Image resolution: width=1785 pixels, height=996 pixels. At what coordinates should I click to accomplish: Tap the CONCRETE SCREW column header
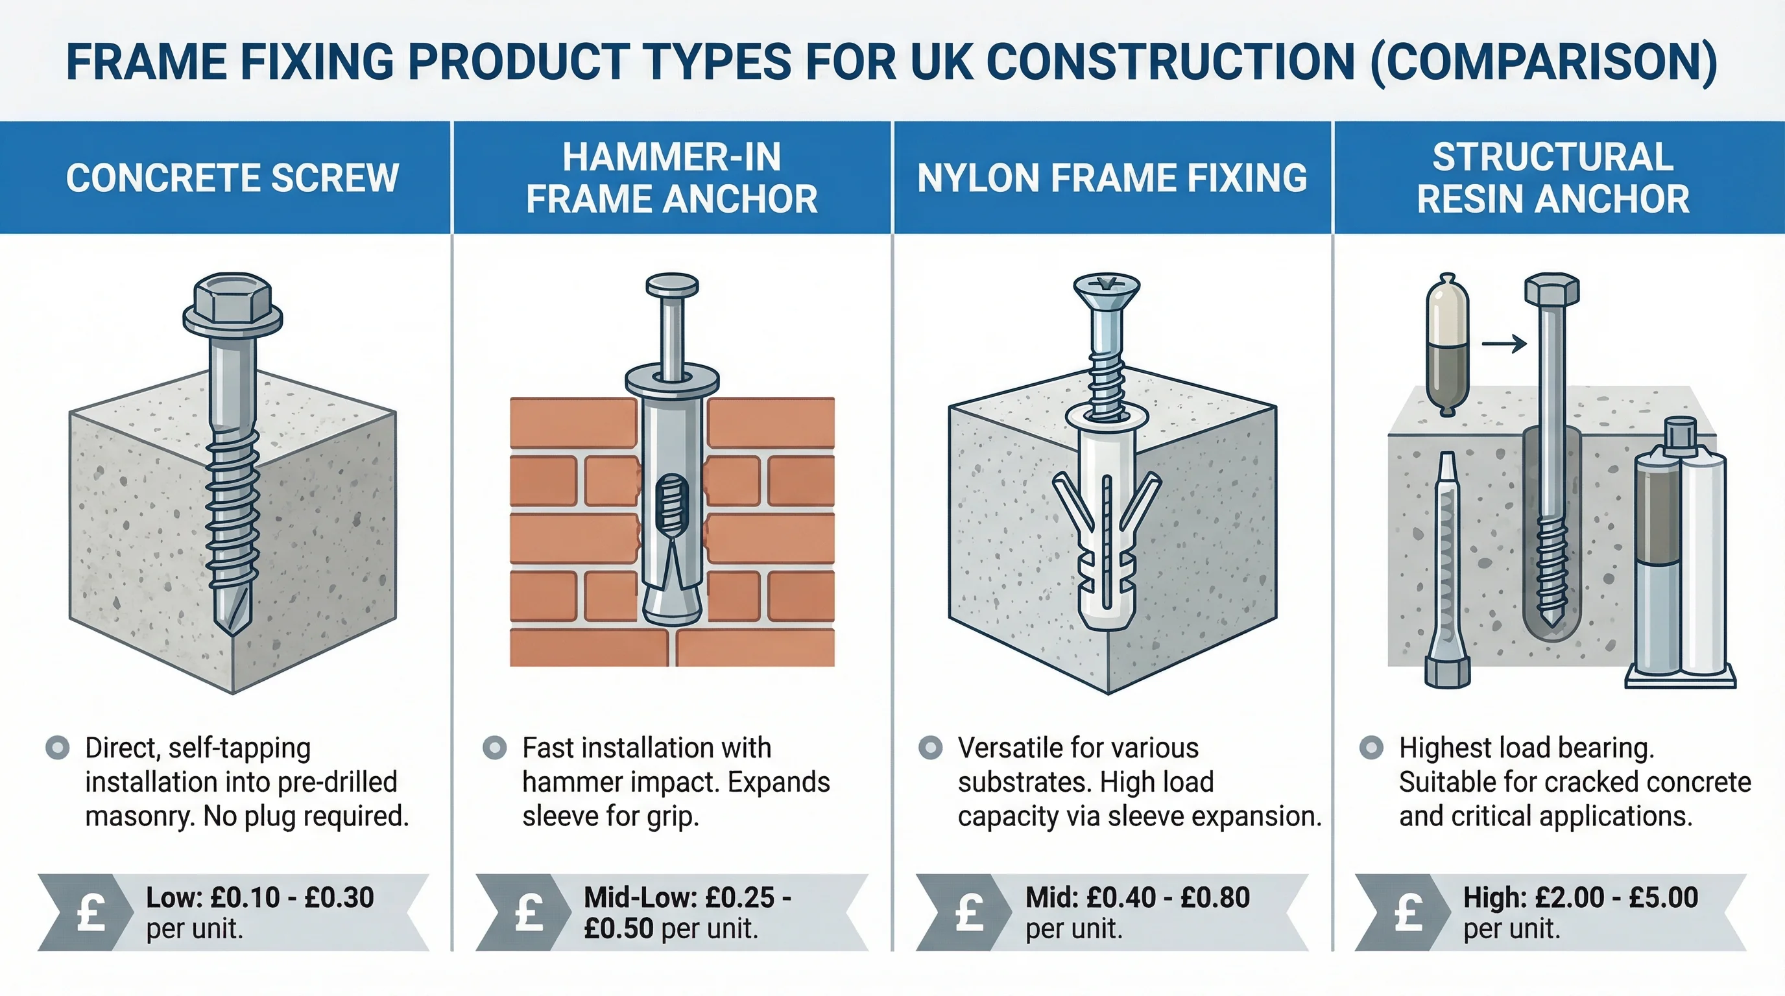pyautogui.click(x=232, y=178)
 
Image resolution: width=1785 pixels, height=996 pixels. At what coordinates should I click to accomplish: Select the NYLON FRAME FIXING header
pyautogui.click(x=1112, y=178)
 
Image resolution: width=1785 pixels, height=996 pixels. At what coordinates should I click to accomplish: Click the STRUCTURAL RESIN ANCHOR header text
pyautogui.click(x=1553, y=178)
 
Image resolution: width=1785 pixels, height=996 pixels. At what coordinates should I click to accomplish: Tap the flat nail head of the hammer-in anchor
pyautogui.click(x=671, y=285)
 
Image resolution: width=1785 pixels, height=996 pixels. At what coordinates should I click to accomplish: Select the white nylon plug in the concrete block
pyautogui.click(x=1107, y=527)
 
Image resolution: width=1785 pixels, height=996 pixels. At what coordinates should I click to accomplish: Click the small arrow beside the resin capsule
pyautogui.click(x=1503, y=344)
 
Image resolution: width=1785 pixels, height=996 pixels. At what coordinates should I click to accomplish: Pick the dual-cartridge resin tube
pyautogui.click(x=1681, y=561)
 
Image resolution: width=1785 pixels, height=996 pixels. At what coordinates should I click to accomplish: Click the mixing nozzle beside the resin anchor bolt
pyautogui.click(x=1447, y=568)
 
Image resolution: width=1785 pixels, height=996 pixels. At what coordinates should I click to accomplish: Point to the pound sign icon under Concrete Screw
pyautogui.click(x=91, y=912)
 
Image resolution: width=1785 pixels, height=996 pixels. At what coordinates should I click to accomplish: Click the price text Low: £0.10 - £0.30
pyautogui.click(x=260, y=897)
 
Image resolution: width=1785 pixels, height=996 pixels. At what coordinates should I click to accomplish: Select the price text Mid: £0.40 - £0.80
pyautogui.click(x=1137, y=897)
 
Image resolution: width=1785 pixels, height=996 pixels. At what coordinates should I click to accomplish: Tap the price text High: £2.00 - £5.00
pyautogui.click(x=1580, y=897)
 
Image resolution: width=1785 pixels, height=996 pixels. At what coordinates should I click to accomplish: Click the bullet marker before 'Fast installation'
pyautogui.click(x=494, y=748)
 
